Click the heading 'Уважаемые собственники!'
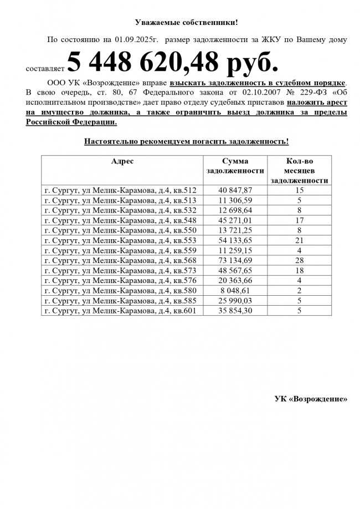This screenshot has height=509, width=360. click(186, 22)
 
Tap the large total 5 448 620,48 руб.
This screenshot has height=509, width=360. click(172, 64)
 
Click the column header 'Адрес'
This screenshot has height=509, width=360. click(122, 161)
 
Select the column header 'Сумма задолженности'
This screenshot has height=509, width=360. click(235, 166)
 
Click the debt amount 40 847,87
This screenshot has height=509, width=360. click(235, 191)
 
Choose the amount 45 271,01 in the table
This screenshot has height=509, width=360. click(235, 220)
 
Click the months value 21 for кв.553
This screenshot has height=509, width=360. click(299, 241)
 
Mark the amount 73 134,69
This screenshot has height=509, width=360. click(235, 261)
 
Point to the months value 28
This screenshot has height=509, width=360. click(299, 261)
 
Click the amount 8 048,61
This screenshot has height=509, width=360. click(235, 291)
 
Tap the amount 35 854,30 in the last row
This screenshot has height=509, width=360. click(235, 311)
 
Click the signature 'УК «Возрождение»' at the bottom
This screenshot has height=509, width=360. click(311, 399)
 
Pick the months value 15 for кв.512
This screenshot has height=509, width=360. click(299, 191)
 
